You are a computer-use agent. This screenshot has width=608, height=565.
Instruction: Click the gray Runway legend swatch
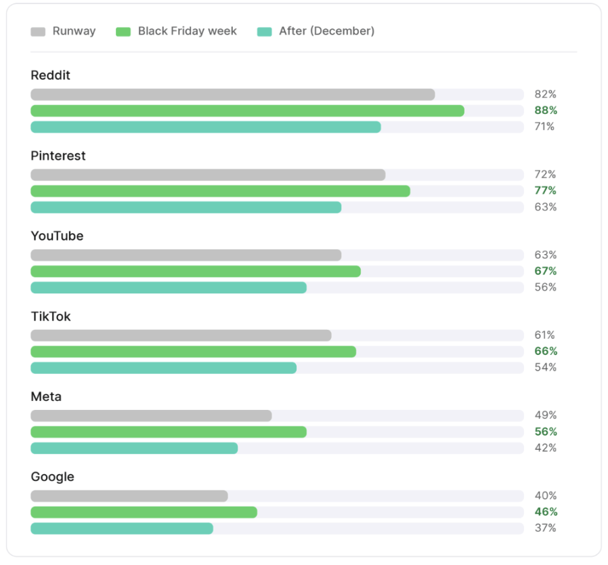coord(38,32)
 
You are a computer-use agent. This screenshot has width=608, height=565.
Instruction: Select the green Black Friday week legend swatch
coord(123,32)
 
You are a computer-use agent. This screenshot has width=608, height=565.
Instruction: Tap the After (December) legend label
coord(327,31)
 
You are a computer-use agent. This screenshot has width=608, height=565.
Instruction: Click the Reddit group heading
coord(50,75)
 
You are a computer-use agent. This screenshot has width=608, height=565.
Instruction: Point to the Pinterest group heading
coord(58,156)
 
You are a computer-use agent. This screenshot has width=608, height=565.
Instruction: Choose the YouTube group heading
coord(57,236)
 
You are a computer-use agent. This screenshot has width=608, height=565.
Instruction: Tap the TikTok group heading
coord(51,316)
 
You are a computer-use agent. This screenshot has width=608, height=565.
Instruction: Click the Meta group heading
coord(46,396)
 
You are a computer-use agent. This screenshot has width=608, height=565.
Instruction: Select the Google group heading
coord(52,477)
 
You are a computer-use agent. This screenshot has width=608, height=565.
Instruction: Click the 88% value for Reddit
coord(546,110)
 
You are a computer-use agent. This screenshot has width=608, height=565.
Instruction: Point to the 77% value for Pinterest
coord(546,190)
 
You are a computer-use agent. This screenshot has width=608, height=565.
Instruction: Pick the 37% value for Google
coord(546,528)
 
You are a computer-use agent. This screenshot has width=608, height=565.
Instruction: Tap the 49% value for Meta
coord(546,415)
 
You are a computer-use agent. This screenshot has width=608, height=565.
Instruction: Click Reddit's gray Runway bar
coord(233,95)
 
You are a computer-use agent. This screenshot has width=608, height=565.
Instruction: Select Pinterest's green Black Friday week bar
coord(220,191)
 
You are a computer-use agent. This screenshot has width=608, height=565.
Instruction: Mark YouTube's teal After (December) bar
coord(169,287)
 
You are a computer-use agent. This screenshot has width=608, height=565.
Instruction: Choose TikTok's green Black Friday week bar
coord(194,352)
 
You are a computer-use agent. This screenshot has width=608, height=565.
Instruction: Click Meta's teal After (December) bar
coord(134,448)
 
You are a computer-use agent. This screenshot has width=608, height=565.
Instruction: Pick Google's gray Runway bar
coord(129,496)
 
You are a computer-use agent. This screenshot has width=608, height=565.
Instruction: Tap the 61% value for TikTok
coord(545,335)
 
